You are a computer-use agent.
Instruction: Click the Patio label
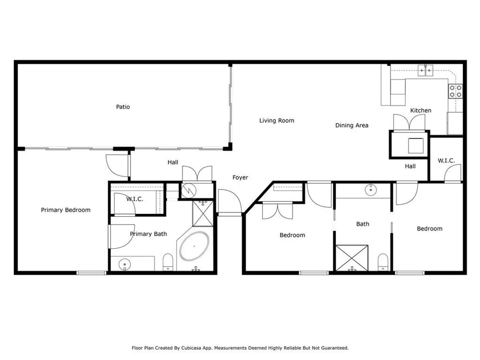tap(123, 107)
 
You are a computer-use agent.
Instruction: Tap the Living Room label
tap(277, 120)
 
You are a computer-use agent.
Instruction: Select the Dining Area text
tap(352, 125)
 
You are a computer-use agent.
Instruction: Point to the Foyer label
tap(240, 177)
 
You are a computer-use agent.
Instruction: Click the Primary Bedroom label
tap(66, 210)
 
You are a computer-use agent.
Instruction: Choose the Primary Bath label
tap(148, 234)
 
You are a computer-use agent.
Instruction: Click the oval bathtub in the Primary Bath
tap(194, 246)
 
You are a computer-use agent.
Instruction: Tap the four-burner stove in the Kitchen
tap(456, 91)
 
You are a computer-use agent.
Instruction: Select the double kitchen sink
tap(425, 70)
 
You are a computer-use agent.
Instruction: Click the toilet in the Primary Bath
tap(168, 262)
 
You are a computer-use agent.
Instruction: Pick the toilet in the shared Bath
tap(383, 262)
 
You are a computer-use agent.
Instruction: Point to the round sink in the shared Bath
tap(371, 190)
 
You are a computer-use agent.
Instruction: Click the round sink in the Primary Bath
tap(125, 264)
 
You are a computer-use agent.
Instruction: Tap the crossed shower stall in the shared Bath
tap(352, 258)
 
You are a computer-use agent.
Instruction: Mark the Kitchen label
tap(421, 110)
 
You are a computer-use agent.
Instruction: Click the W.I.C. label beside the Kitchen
tap(446, 161)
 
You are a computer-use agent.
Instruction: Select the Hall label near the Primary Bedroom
tap(173, 162)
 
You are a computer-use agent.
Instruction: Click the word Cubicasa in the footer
tap(191, 348)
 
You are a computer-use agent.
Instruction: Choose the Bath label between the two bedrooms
tap(363, 224)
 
